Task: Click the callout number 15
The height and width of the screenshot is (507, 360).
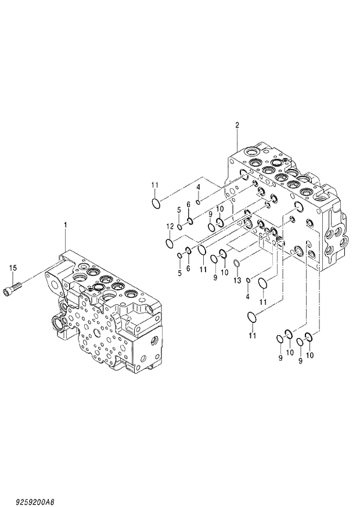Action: [12, 268]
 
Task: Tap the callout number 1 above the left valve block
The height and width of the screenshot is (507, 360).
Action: [66, 224]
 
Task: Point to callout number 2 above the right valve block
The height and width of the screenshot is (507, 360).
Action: [237, 125]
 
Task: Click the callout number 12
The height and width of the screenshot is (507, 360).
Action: [170, 226]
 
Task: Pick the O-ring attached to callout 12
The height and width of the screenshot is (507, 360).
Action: [169, 242]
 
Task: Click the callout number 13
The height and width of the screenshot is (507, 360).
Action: [237, 281]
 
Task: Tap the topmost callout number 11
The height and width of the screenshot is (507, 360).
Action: [155, 185]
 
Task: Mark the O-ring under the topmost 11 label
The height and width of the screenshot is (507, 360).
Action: [156, 203]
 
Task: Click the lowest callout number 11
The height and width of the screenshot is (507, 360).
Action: [252, 336]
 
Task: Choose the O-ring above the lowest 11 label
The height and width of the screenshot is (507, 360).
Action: [251, 317]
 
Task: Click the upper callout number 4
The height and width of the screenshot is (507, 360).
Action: [198, 186]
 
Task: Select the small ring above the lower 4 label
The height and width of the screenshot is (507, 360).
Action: [249, 282]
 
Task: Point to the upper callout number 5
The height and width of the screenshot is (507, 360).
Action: [179, 210]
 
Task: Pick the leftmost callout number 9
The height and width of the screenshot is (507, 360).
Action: [211, 214]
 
